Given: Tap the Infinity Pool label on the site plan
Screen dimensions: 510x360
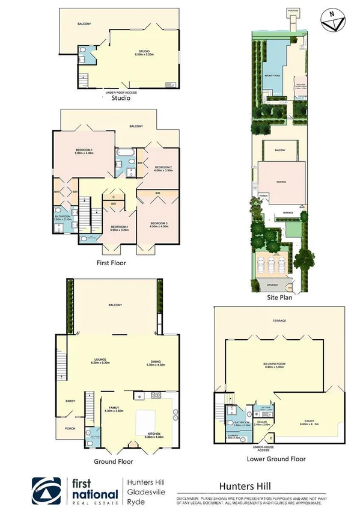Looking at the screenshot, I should tap(273, 76).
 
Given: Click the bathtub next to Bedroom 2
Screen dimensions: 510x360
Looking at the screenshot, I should tap(126, 155).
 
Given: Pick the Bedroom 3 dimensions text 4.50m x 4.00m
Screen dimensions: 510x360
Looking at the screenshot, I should tap(159, 227).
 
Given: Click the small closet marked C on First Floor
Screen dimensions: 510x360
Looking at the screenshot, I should tap(113, 196).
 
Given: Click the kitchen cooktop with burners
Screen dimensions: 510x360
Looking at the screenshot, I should tap(156, 395).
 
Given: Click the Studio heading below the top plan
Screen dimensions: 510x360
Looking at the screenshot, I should tap(121, 97).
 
